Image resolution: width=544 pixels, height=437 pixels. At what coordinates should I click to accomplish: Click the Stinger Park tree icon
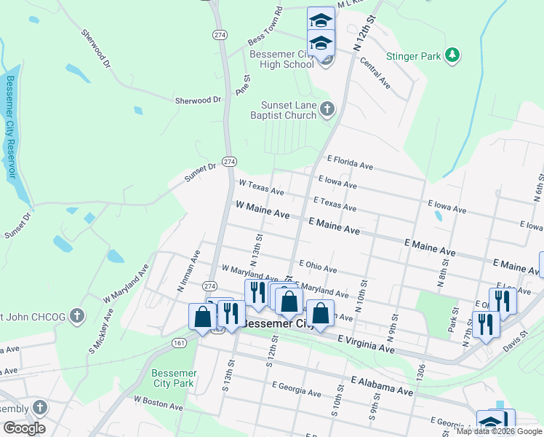pyautogui.click(x=452, y=55)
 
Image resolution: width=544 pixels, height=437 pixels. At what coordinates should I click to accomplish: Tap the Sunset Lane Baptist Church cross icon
pyautogui.click(x=327, y=110)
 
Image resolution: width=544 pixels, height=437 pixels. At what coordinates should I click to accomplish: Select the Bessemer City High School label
pyautogui.click(x=281, y=59)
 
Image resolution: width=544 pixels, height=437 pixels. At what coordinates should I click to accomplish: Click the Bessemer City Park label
pyautogui.click(x=173, y=378)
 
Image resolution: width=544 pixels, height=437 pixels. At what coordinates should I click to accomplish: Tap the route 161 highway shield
pyautogui.click(x=179, y=342)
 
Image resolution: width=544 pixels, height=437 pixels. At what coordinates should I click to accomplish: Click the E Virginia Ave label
pyautogui.click(x=366, y=345)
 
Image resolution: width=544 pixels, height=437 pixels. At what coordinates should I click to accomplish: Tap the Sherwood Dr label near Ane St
pyautogui.click(x=197, y=100)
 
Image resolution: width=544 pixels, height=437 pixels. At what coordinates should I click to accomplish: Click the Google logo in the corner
pyautogui.click(x=23, y=428)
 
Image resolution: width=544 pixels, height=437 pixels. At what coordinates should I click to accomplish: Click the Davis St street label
pyautogui.click(x=516, y=339)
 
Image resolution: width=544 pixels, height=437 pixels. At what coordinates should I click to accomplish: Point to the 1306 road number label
pyautogui.click(x=420, y=372)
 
